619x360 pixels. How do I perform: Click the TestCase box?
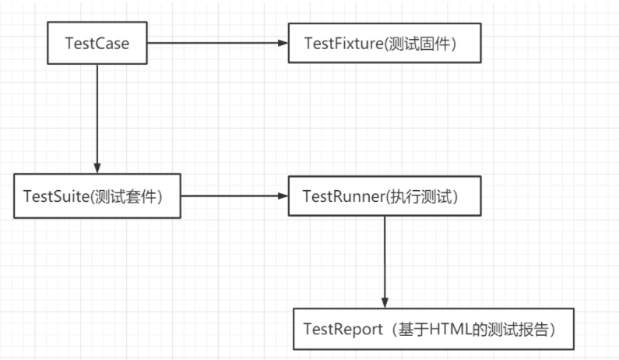coord(97,42)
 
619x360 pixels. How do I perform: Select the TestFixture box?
coord(385,42)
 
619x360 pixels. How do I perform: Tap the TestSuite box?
coord(97,196)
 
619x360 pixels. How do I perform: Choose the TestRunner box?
coord(385,196)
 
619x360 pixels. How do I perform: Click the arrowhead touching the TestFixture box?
coord(283,42)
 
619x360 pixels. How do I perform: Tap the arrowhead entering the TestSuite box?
coord(97,168)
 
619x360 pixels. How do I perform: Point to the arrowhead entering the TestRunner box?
coord(283,196)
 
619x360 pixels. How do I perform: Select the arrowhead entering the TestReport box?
coord(385,303)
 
